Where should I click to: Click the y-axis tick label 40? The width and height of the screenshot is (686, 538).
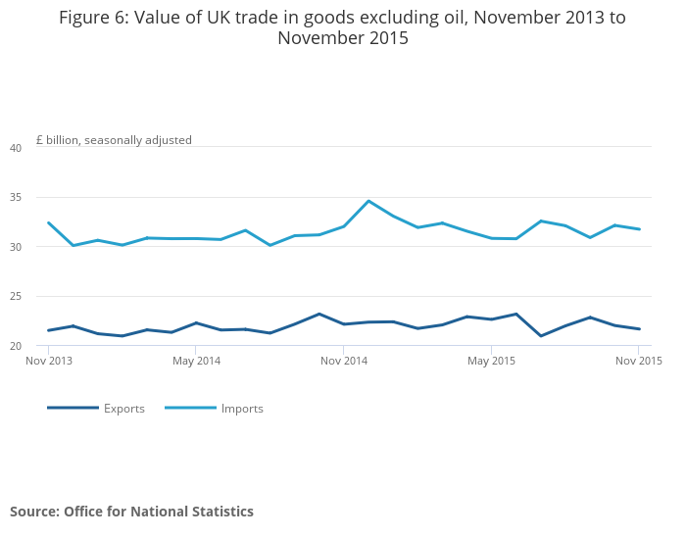tap(16, 148)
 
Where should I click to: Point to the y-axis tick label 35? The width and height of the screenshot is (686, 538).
tap(16, 197)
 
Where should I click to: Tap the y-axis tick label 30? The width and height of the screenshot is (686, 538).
tap(16, 247)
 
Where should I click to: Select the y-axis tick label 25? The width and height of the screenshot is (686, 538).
tap(16, 296)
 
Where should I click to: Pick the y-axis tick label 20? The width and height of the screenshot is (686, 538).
tap(16, 346)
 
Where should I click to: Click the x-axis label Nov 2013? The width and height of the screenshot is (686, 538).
tap(49, 361)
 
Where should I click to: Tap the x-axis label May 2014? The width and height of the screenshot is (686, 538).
tap(196, 361)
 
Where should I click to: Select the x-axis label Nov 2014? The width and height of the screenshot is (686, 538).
tap(344, 361)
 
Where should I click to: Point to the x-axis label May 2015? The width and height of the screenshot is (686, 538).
tap(492, 361)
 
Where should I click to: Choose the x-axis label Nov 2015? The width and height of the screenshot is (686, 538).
tap(639, 361)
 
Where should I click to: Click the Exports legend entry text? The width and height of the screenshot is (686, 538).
tap(124, 409)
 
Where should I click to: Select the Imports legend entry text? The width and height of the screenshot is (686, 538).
tap(242, 409)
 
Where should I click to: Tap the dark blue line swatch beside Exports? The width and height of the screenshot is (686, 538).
tap(73, 408)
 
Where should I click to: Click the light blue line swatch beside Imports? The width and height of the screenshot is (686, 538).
tap(190, 408)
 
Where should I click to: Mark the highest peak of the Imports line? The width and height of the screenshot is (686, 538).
tap(368, 201)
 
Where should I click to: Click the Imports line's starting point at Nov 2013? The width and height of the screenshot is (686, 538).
tap(49, 222)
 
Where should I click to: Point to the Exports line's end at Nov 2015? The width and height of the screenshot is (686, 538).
tap(639, 329)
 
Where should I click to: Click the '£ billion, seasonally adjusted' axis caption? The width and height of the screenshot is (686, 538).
tap(114, 140)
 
